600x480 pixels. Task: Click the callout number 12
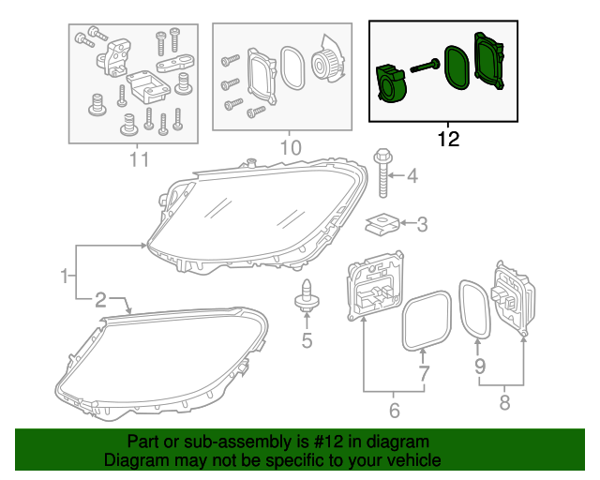pos(448,140)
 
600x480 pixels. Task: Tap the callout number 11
pos(139,159)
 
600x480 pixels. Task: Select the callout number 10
pos(291,148)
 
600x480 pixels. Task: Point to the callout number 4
pos(412,175)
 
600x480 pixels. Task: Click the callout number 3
pos(422,224)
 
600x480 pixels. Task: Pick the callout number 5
pos(307,339)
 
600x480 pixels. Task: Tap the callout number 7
pos(423,374)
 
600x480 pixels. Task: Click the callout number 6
pos(394,410)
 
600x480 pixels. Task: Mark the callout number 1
pos(65,276)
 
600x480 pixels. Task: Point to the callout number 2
pos(100,299)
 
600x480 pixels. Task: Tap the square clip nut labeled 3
pos(381,224)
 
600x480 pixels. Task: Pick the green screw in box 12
pos(427,66)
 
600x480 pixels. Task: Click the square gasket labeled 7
pos(423,320)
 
